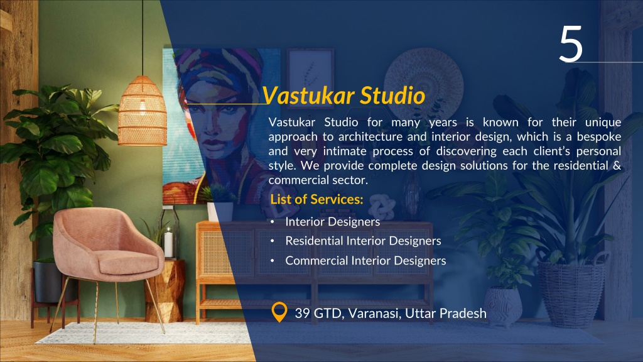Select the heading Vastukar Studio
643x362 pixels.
pyautogui.click(x=343, y=96)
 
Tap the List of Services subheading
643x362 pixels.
pyautogui.click(x=316, y=200)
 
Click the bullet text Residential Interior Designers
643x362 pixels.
pyautogui.click(x=363, y=241)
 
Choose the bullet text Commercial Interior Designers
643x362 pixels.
pyautogui.click(x=365, y=260)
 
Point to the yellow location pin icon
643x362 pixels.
pyautogui.click(x=278, y=312)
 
